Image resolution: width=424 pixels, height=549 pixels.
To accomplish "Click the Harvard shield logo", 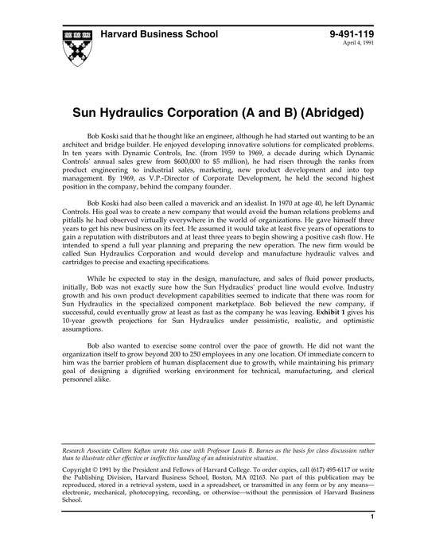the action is pos(74,47).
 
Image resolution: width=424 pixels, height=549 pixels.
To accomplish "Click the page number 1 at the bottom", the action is pos(372,539).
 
